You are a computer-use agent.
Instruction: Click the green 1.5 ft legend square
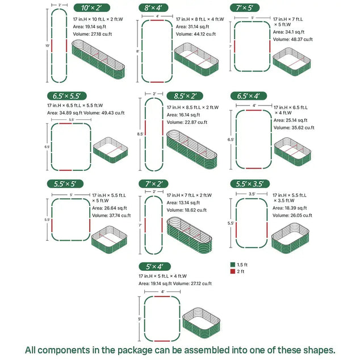pos(233,265)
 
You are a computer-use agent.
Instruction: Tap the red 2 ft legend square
pos(233,273)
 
